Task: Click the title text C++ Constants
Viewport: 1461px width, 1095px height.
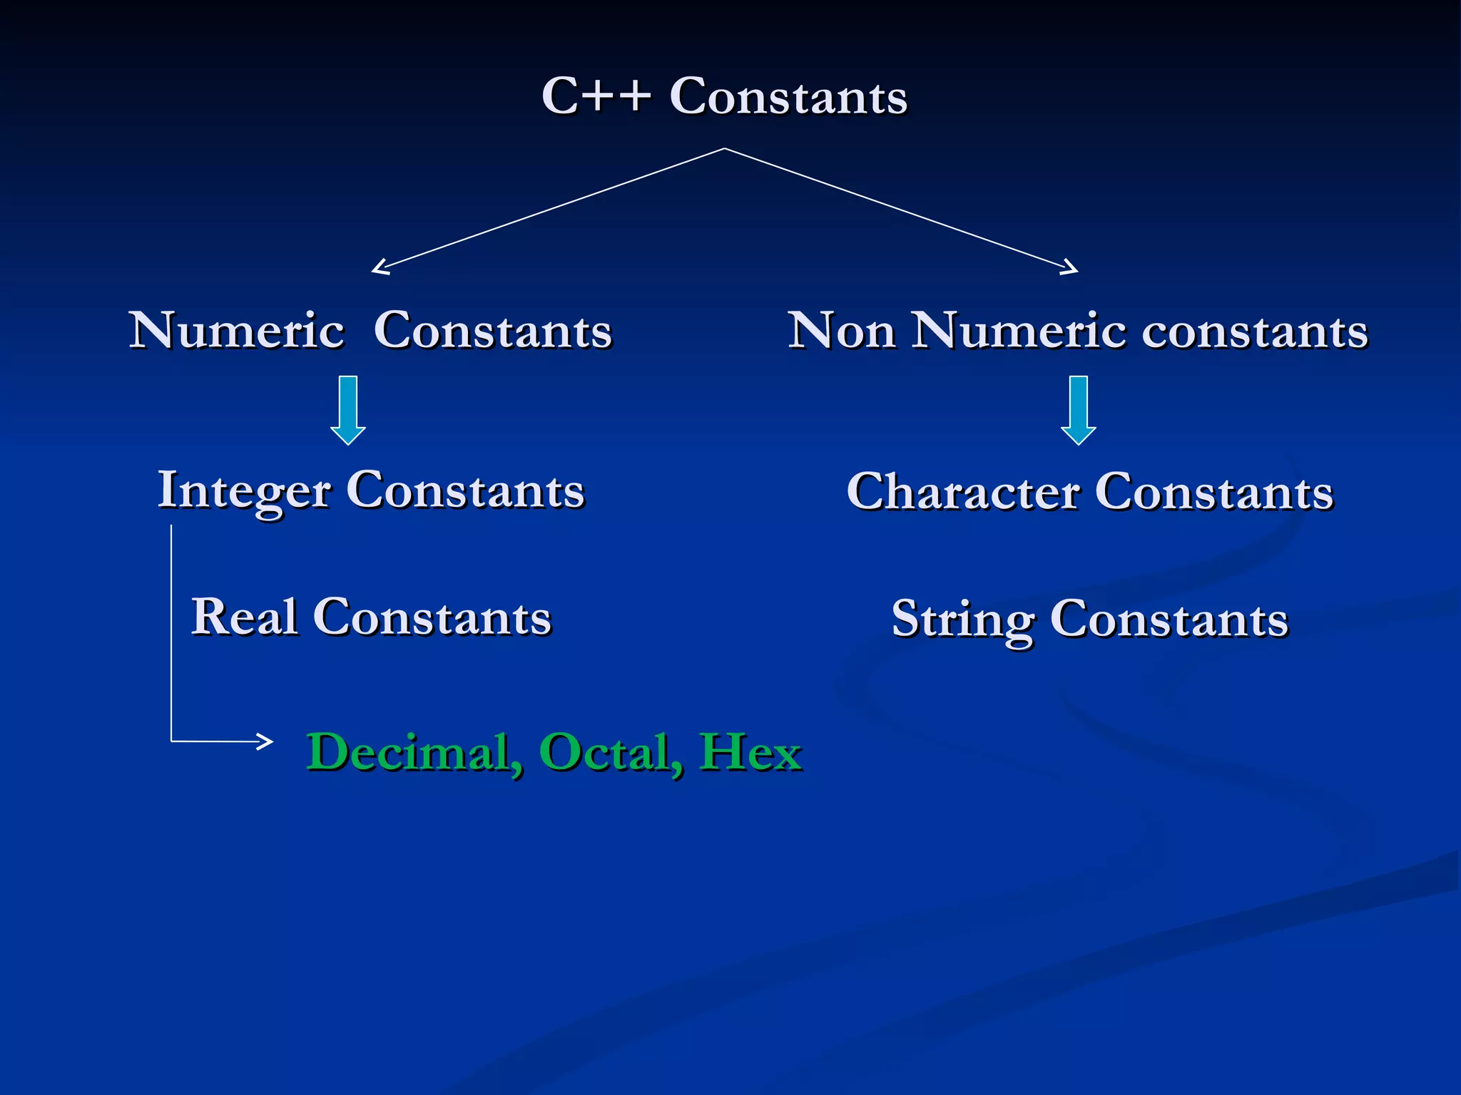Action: click(x=723, y=96)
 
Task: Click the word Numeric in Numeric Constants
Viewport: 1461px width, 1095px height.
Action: click(x=237, y=331)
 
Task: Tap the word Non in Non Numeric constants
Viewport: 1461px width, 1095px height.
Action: click(x=841, y=331)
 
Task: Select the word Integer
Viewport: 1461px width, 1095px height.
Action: click(x=244, y=491)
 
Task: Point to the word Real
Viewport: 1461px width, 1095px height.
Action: click(x=244, y=617)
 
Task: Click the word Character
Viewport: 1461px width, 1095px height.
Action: click(x=963, y=492)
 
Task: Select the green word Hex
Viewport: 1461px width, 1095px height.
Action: click(x=750, y=752)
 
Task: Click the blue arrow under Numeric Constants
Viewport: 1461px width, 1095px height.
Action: click(x=348, y=410)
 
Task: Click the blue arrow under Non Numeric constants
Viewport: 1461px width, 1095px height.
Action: click(x=1079, y=410)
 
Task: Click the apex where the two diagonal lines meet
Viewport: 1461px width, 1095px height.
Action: click(x=725, y=148)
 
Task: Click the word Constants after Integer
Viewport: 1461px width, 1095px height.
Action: click(x=465, y=491)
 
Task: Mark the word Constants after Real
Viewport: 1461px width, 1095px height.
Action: click(x=432, y=617)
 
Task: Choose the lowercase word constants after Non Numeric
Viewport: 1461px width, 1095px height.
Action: click(x=1255, y=331)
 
